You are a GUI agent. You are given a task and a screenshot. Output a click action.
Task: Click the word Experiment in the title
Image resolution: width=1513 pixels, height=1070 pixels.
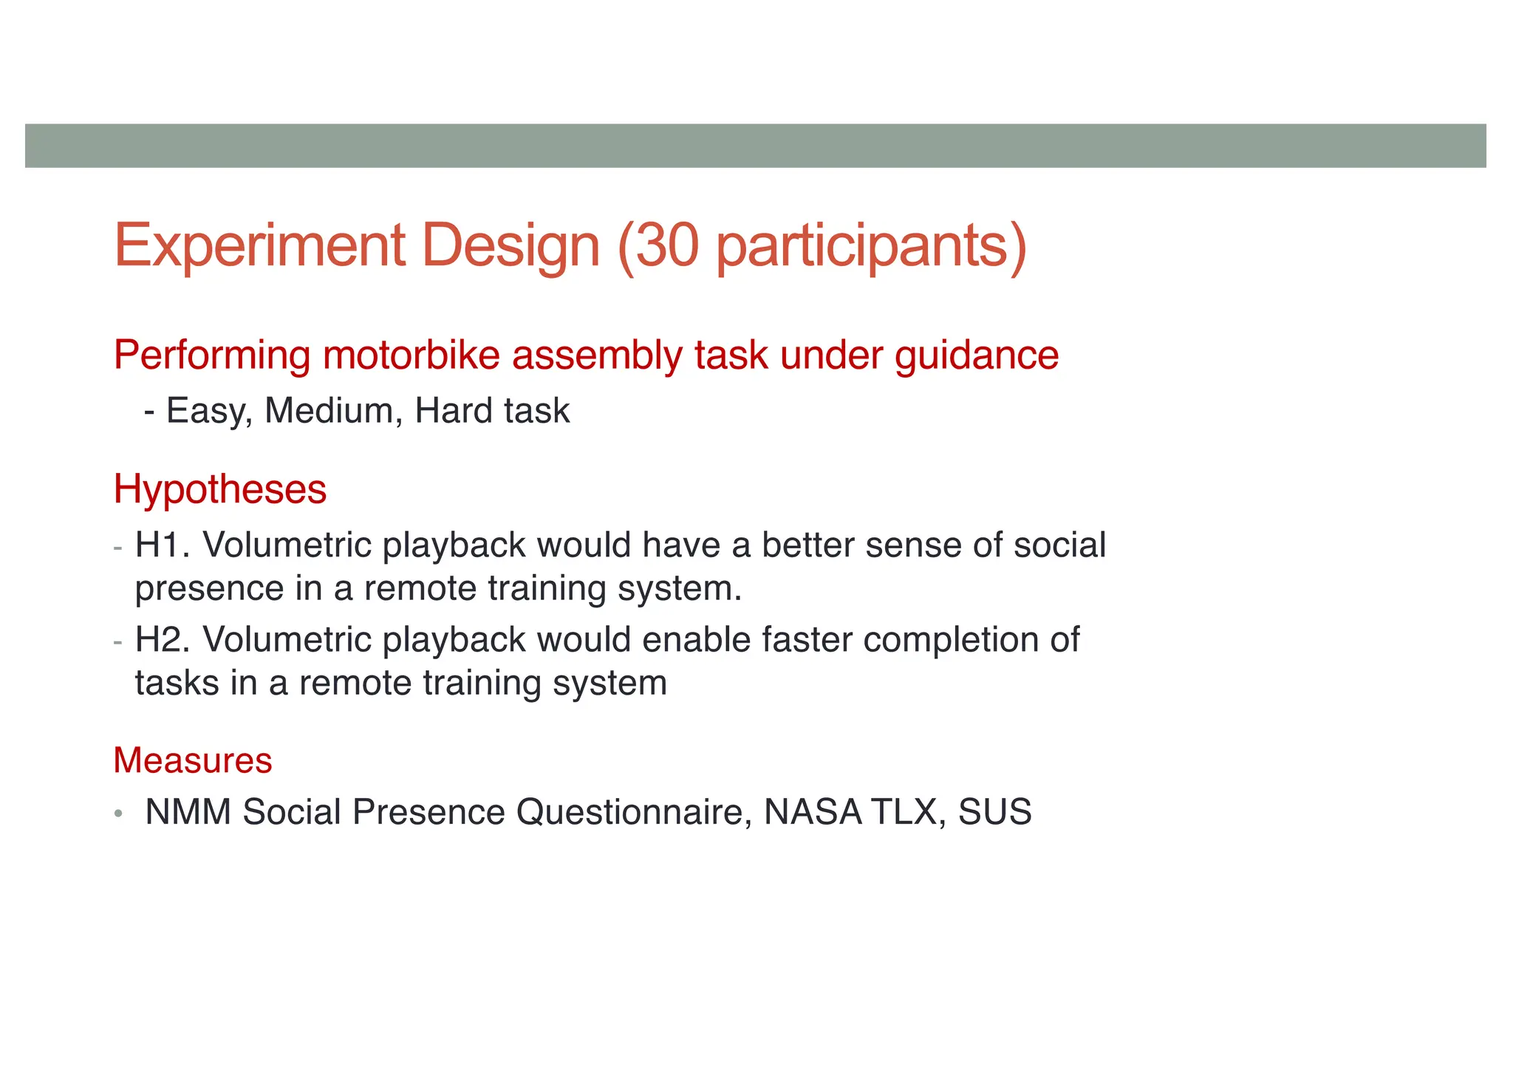pos(259,247)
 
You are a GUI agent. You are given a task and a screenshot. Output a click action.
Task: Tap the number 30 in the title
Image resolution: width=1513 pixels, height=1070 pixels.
pos(667,245)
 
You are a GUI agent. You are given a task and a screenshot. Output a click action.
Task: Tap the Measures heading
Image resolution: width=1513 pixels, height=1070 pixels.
pos(193,760)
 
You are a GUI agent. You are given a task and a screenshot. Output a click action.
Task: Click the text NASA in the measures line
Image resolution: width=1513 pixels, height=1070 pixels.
pos(812,812)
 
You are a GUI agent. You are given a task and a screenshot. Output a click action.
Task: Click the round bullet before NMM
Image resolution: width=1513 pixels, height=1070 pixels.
pos(118,814)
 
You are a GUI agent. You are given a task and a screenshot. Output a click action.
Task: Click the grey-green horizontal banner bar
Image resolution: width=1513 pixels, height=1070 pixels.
pos(755,146)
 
